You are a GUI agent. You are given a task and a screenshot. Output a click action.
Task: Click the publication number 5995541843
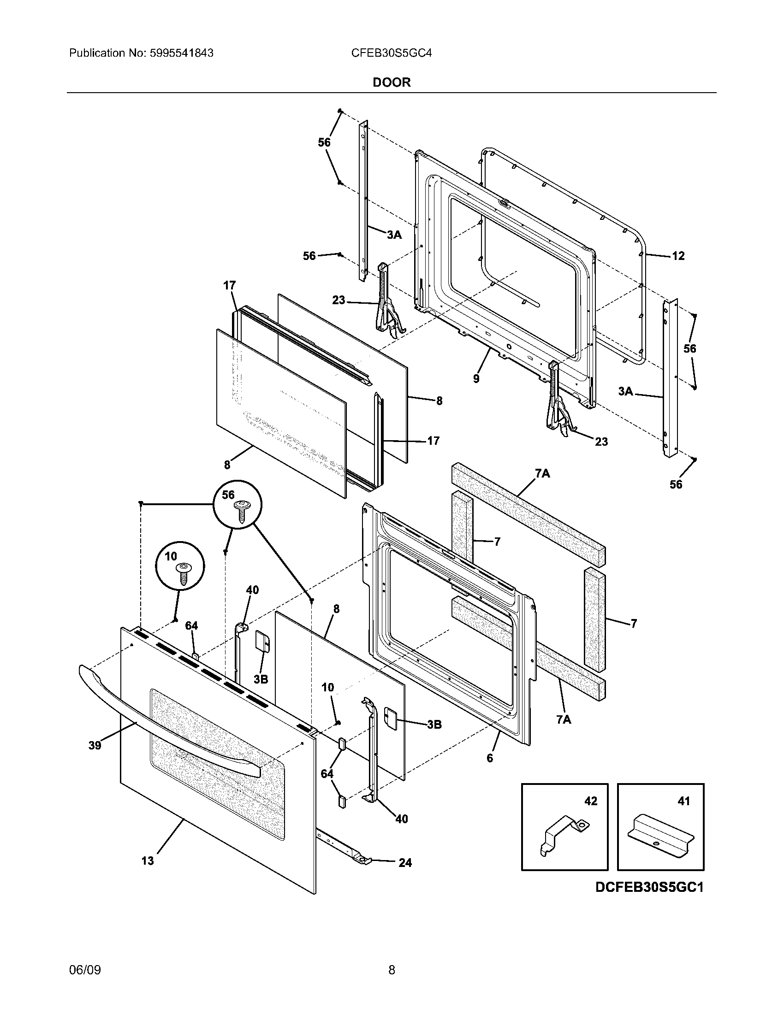[181, 53]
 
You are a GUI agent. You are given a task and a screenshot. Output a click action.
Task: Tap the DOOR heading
[392, 83]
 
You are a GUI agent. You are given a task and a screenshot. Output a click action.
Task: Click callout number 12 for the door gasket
[678, 256]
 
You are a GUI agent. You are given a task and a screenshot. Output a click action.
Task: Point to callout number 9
[476, 378]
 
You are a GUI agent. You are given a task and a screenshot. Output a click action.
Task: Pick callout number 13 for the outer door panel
[147, 861]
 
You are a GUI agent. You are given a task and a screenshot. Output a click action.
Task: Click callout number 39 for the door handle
[95, 745]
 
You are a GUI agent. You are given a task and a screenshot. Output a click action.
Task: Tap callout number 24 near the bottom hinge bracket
[405, 863]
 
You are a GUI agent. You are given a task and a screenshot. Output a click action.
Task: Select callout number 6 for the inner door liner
[489, 758]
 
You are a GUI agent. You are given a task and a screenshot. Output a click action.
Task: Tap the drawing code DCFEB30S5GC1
[649, 887]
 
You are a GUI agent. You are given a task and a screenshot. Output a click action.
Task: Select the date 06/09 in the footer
[84, 968]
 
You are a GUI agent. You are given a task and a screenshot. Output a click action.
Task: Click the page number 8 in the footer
[392, 968]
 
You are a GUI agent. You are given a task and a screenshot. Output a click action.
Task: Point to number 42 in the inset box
[590, 801]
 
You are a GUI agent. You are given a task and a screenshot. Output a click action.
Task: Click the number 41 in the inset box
[683, 801]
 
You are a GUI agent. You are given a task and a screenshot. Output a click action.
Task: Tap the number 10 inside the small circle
[172, 556]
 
